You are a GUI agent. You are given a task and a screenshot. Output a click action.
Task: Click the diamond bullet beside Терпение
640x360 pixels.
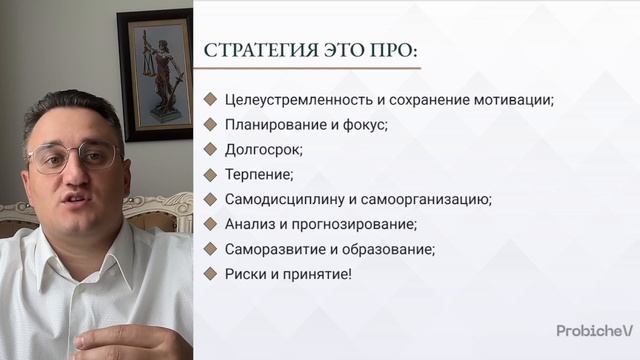tap(210, 174)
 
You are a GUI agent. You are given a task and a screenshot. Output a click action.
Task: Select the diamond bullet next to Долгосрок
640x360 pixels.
tap(210, 149)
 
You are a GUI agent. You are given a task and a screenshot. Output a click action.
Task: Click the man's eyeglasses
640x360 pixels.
tap(74, 156)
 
